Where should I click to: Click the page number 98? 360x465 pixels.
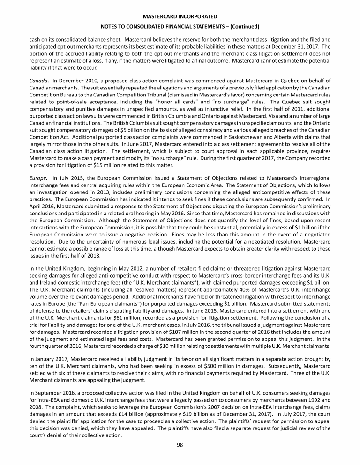click(x=180, y=445)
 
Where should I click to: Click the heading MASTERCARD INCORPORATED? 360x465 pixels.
click(x=180, y=17)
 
